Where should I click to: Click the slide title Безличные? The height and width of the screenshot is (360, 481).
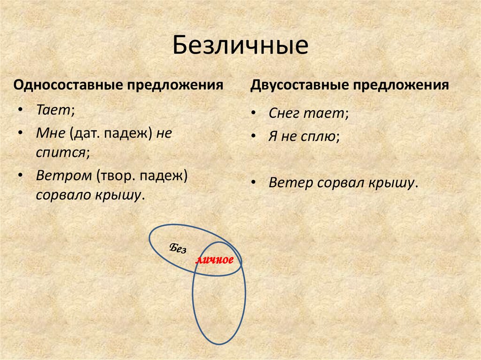coord(240,46)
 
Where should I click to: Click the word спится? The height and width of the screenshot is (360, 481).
coord(61,152)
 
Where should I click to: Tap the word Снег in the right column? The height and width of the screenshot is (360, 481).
coord(283,113)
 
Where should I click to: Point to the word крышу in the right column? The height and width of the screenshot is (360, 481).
coord(391,183)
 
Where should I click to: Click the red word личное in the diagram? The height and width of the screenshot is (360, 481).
coord(215,260)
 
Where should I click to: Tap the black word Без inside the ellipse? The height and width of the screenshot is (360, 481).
coord(178,249)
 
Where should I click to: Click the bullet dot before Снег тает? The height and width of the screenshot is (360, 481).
coord(254,114)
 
